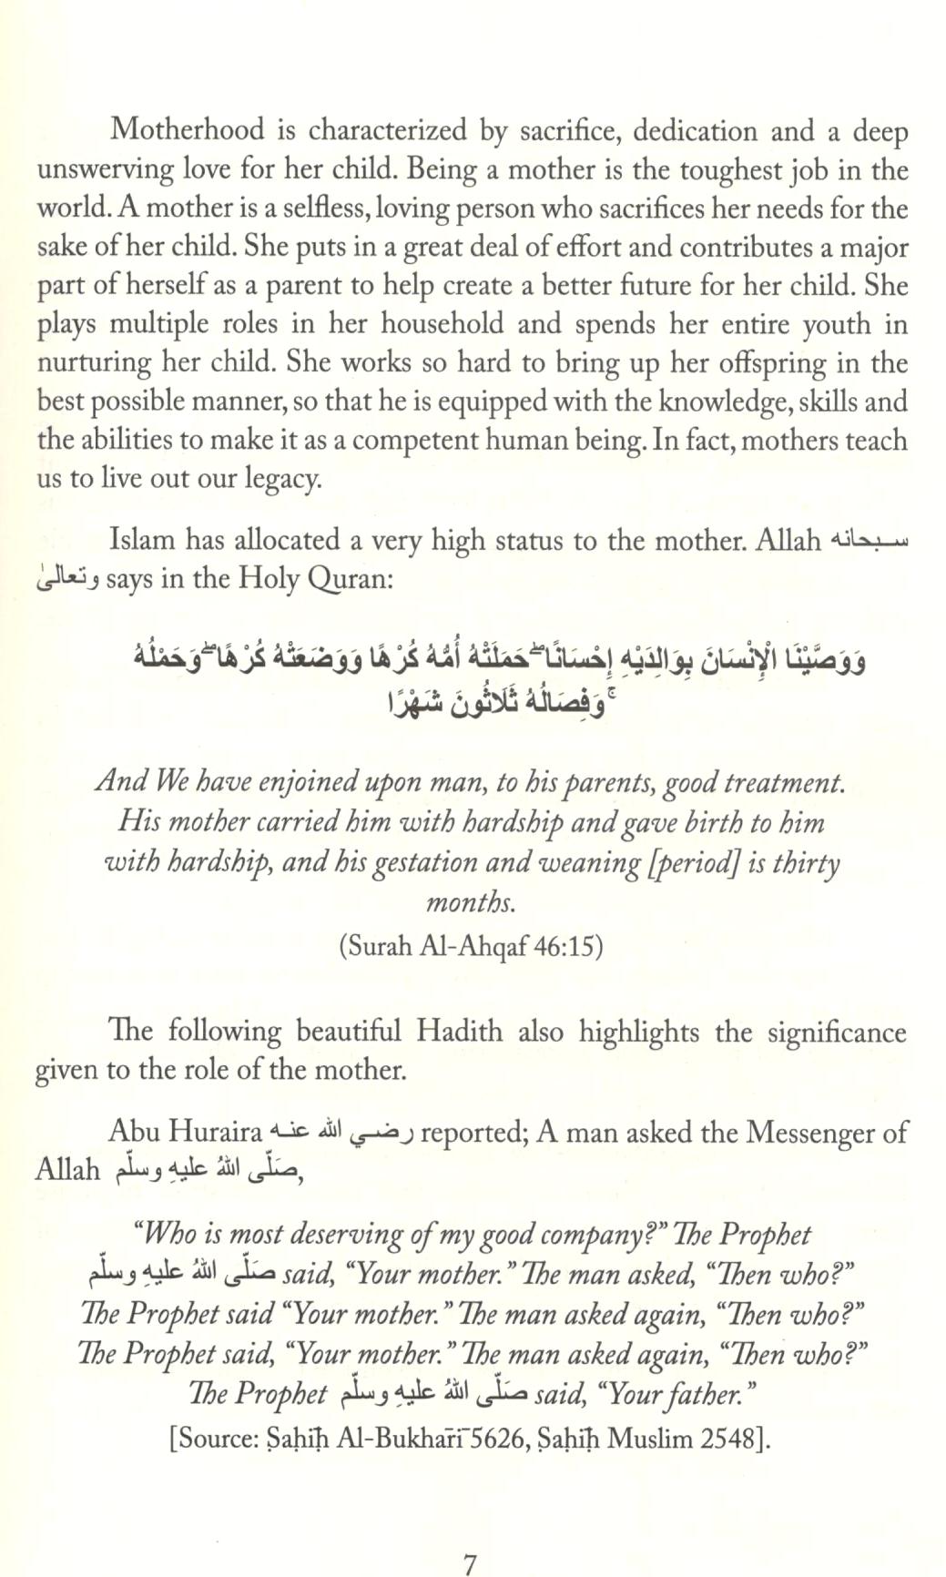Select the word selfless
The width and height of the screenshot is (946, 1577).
tap(315, 209)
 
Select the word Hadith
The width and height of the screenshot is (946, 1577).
tap(459, 1032)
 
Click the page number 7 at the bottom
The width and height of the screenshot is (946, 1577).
tap(470, 1540)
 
